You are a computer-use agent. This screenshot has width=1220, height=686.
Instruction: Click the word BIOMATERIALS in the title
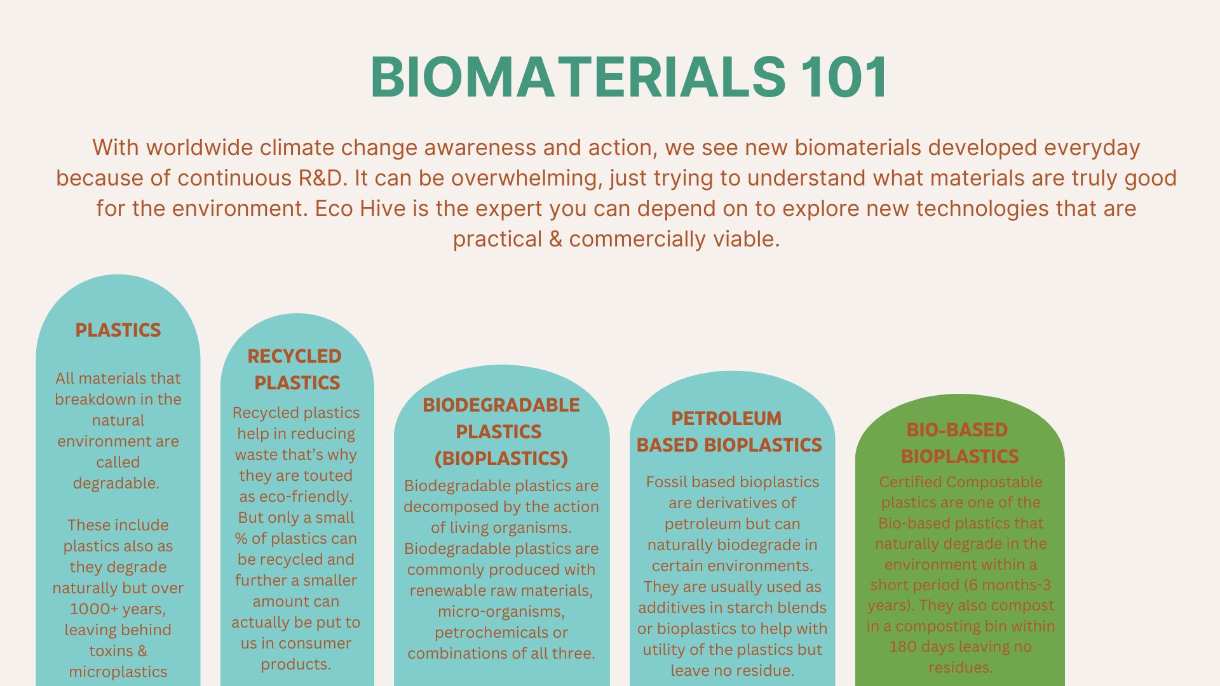point(578,77)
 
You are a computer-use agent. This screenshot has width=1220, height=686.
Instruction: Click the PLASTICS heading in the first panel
point(118,330)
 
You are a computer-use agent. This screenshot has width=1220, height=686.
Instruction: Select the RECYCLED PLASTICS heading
point(295,369)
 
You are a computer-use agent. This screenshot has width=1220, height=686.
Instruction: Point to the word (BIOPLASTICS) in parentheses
point(501,458)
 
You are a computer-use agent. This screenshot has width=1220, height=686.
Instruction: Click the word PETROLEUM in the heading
point(726,419)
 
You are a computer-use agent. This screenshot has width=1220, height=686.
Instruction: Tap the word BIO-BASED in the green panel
point(957,430)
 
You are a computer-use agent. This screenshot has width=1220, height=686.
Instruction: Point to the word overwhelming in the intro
point(526,178)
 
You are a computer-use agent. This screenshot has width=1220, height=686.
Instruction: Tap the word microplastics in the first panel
point(118,672)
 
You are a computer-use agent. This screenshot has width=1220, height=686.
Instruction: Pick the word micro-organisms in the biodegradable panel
point(501,612)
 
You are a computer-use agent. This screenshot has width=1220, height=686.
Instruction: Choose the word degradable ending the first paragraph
point(116,483)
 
